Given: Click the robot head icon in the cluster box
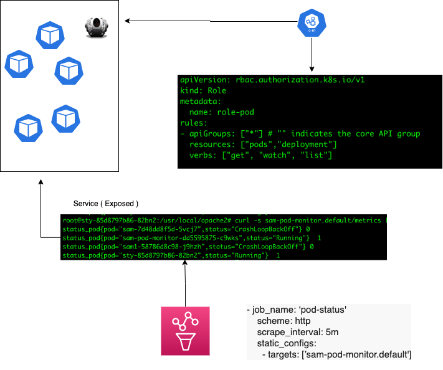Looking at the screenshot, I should coord(97,26).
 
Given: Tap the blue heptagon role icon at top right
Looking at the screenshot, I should coord(312,22).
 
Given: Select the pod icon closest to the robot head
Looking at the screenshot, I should coord(50,36).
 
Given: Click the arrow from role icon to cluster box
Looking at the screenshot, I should coord(212,21).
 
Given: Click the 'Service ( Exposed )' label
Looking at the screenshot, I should coord(106,204).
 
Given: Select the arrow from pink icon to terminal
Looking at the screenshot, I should coord(184,283).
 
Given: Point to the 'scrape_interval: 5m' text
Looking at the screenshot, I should coord(298,333).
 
